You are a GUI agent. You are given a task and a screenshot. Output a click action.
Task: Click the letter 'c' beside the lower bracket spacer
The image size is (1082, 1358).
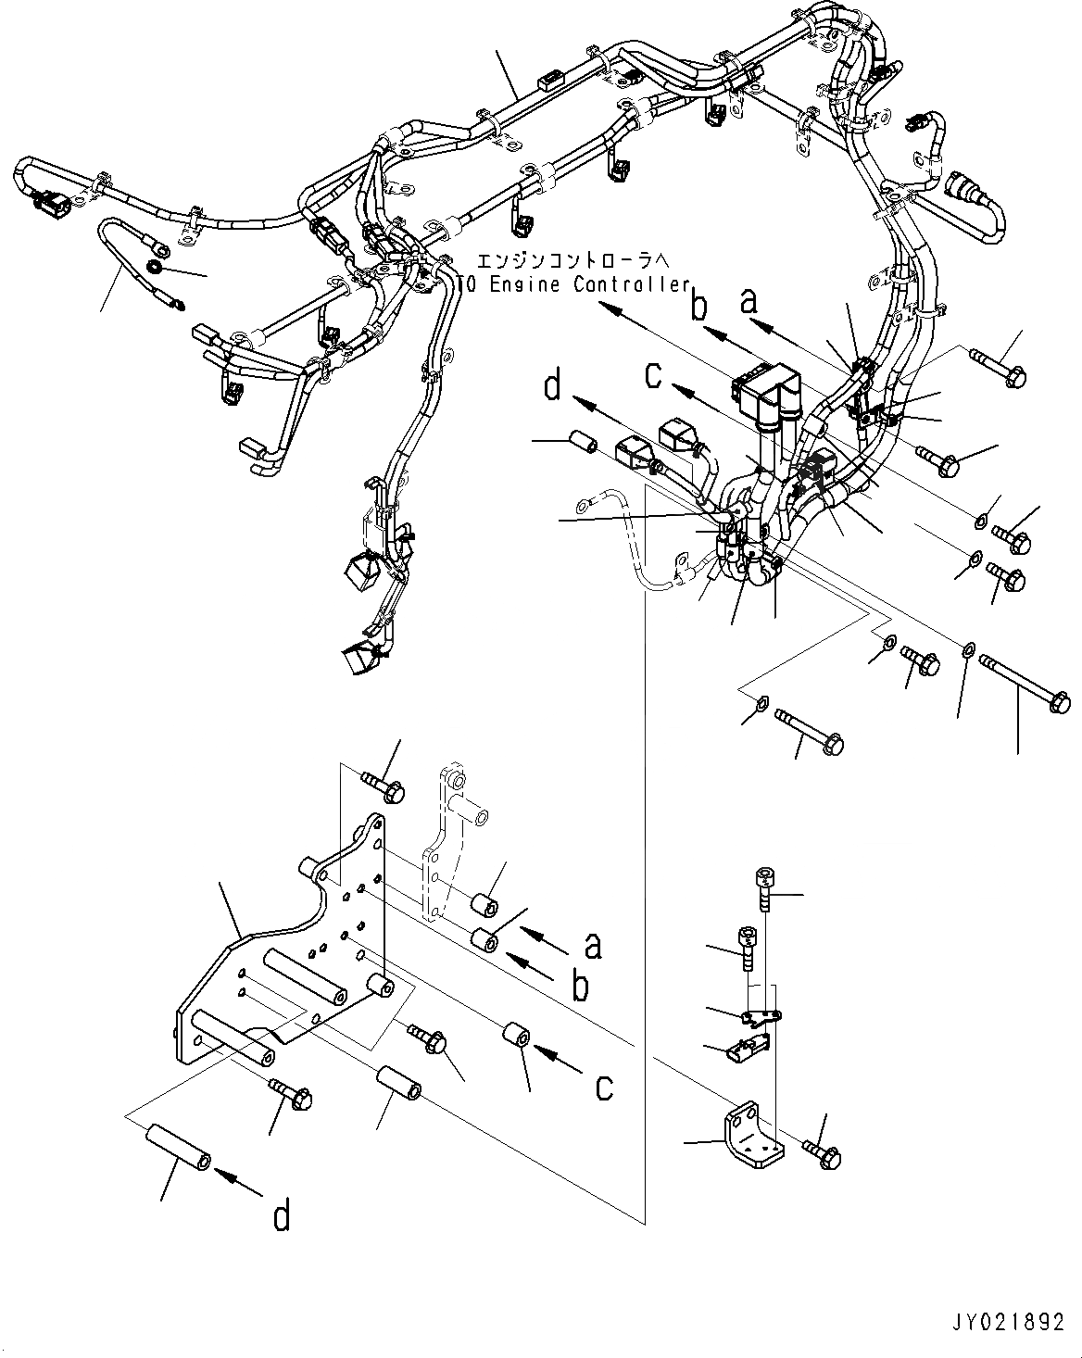click(x=604, y=1085)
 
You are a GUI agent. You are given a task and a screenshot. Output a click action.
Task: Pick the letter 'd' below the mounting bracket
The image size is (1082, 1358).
click(x=281, y=1214)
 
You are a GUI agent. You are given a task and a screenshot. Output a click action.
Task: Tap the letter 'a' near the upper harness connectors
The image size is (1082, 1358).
click(x=750, y=301)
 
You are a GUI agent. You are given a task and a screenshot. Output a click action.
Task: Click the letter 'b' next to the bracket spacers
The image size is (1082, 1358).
click(x=580, y=987)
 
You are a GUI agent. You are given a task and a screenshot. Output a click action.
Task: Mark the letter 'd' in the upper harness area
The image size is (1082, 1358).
click(x=553, y=384)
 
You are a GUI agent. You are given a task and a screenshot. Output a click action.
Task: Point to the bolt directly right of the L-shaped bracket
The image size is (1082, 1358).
click(x=823, y=1152)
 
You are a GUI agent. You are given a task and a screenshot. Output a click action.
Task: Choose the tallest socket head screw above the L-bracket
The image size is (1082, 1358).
click(x=763, y=886)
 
